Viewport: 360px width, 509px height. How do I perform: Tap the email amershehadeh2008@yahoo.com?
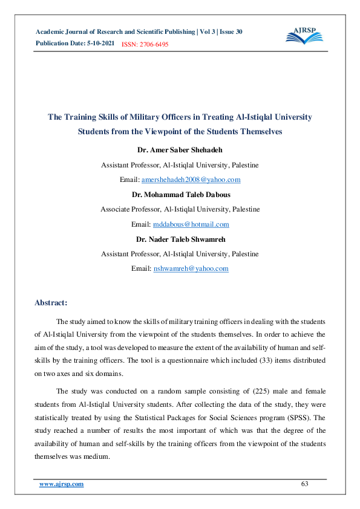[191, 180]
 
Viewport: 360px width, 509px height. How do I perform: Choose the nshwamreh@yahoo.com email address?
[191, 268]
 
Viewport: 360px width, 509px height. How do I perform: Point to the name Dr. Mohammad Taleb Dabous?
[180, 195]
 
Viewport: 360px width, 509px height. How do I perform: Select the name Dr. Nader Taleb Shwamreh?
[180, 239]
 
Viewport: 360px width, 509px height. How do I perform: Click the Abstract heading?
[51, 302]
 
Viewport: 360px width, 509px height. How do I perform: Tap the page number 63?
[305, 485]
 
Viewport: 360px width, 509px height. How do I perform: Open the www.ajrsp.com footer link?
[61, 485]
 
